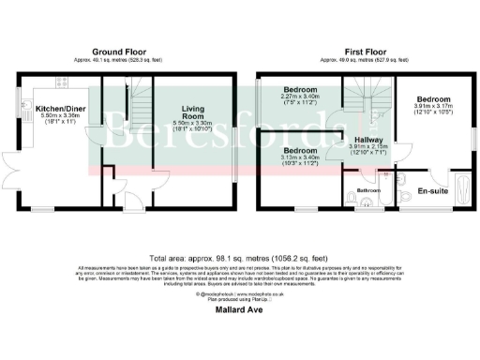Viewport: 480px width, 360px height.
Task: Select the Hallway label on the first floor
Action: [x=367, y=139]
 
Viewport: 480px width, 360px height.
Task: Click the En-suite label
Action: [x=431, y=190]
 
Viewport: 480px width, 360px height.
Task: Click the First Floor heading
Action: [x=359, y=50]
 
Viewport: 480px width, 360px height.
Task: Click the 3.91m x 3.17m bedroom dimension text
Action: [x=433, y=109]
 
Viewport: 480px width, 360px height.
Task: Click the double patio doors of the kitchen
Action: [x=18, y=167]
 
